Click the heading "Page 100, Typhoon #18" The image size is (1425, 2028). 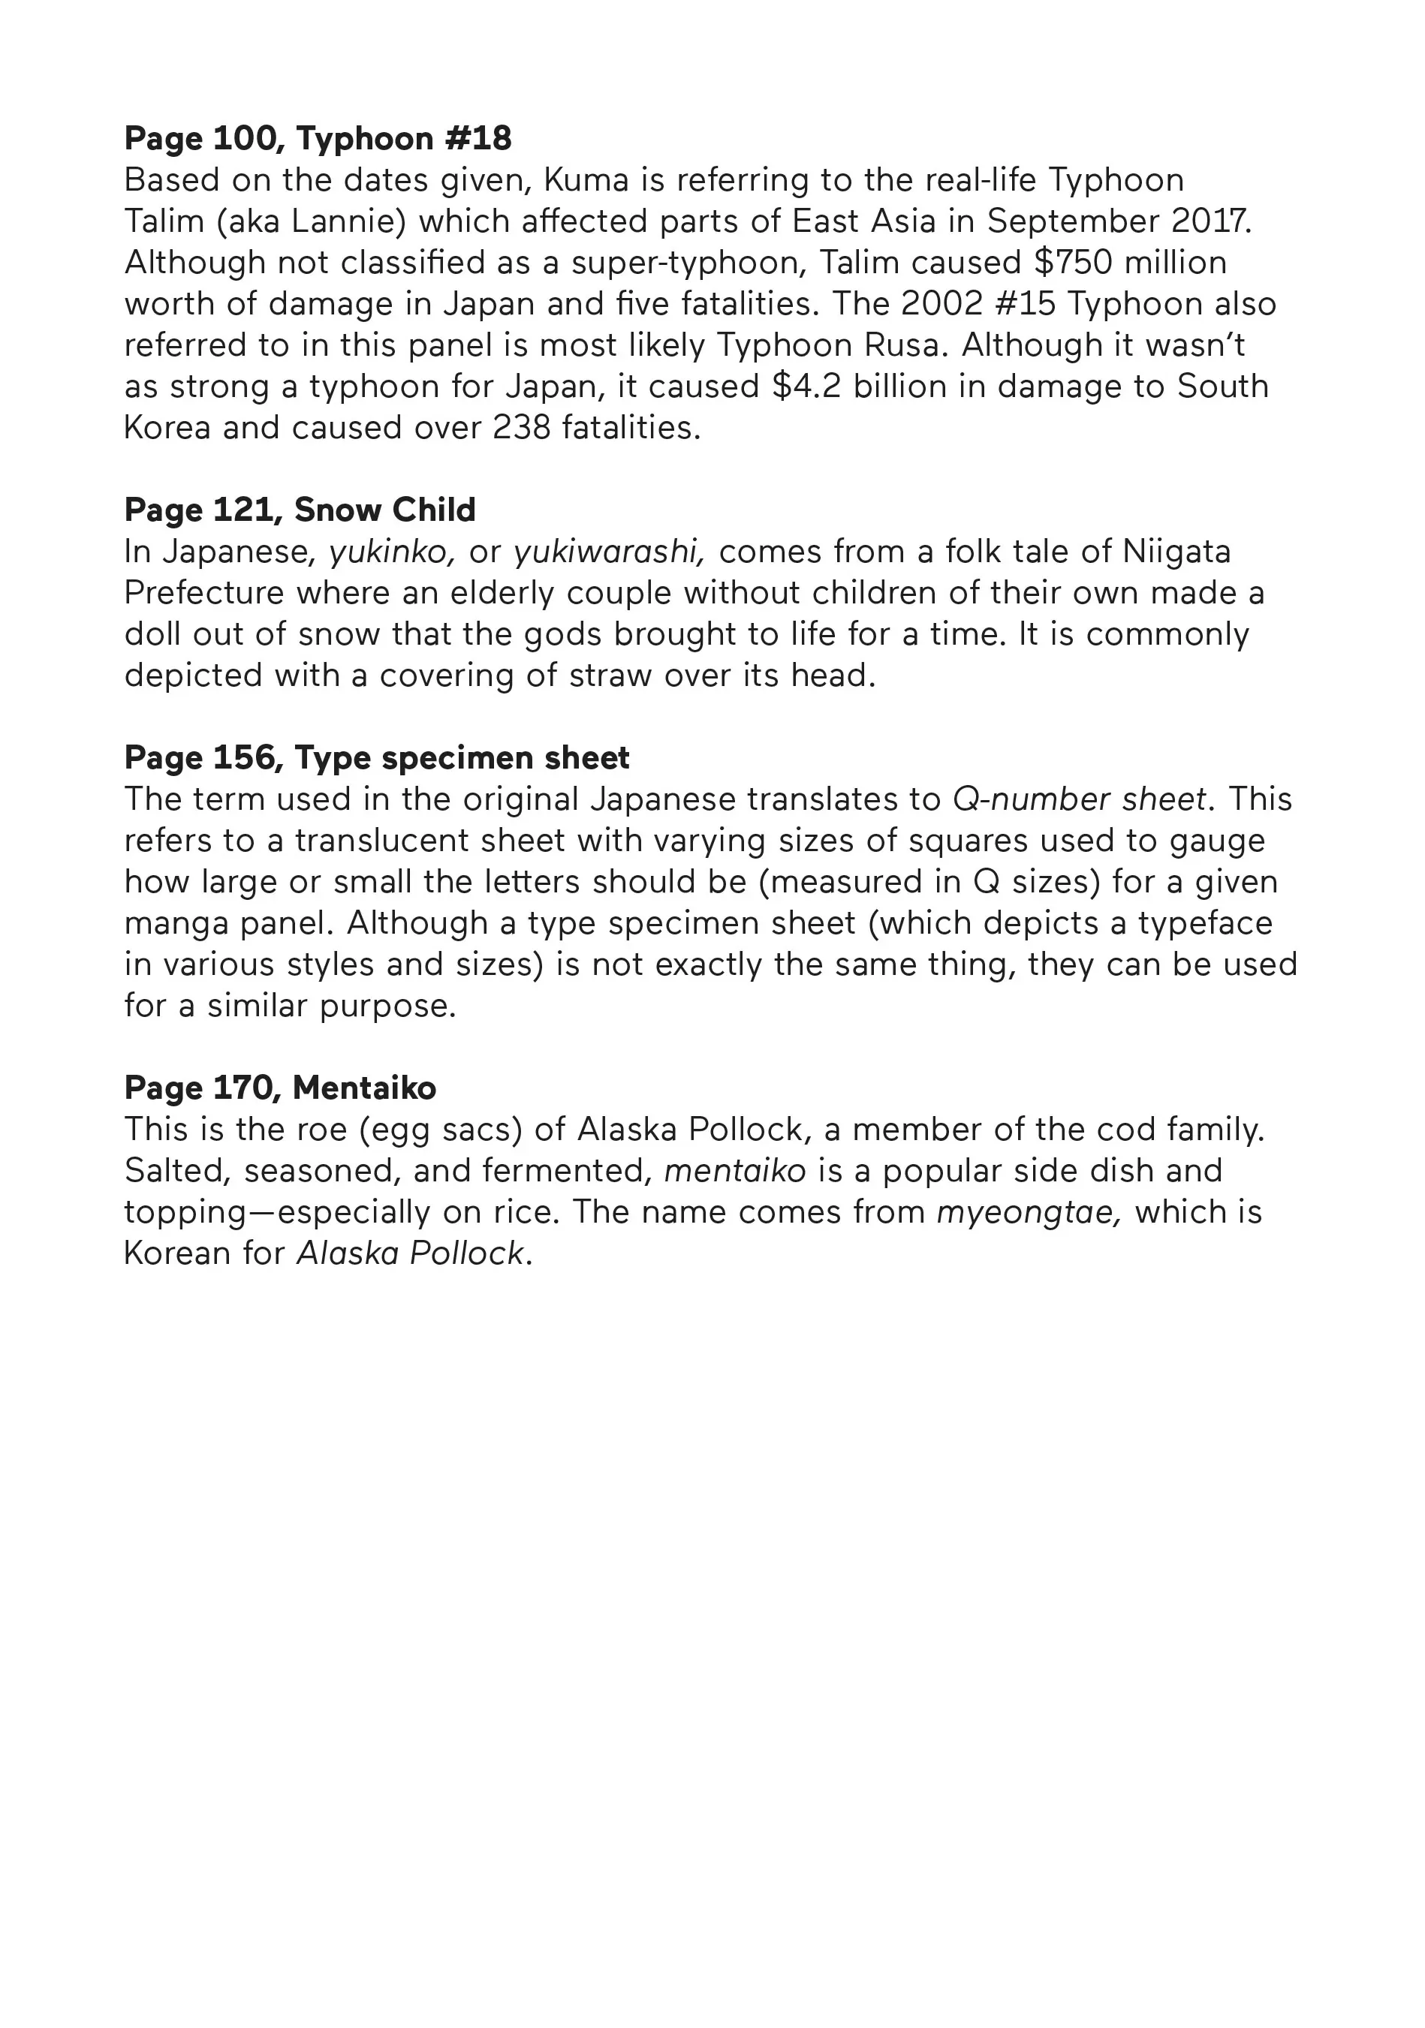(318, 139)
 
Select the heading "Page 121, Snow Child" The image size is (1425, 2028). (300, 510)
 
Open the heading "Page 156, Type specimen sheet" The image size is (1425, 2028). (376, 758)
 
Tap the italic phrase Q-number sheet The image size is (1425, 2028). (1079, 799)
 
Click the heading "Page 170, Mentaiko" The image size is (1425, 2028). (280, 1088)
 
